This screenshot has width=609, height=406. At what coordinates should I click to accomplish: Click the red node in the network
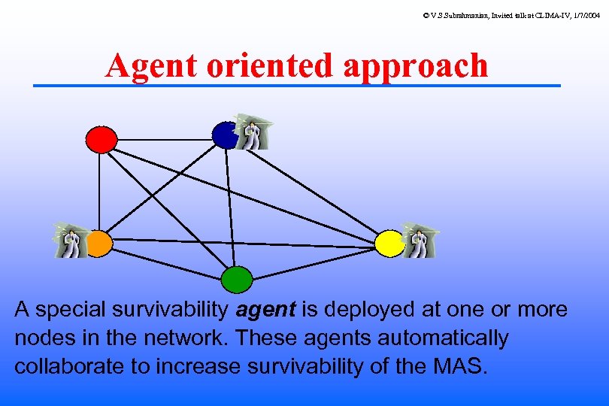coord(101,139)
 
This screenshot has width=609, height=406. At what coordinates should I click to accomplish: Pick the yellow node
coord(389,243)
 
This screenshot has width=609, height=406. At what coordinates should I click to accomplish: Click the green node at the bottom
coord(236,279)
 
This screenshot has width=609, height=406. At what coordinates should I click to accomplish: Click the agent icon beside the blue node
coord(251,132)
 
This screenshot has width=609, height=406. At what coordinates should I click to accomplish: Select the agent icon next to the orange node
coord(71,241)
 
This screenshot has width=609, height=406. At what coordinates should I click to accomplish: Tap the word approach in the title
coord(416,66)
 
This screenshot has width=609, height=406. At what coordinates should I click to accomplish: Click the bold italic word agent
coord(265,310)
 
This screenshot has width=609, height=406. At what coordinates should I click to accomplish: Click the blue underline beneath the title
coord(297,86)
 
